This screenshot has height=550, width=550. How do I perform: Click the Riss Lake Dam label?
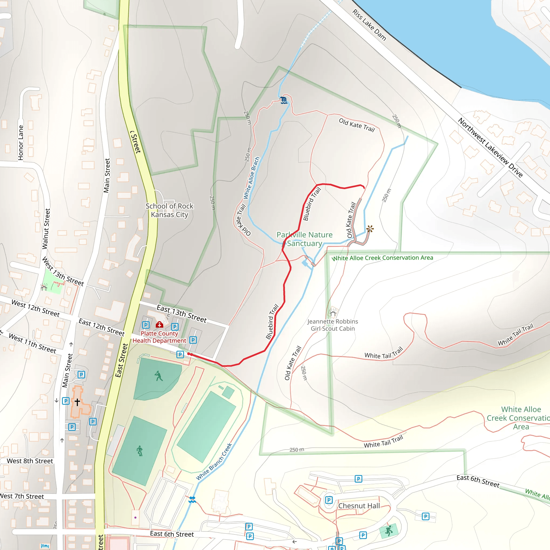coord(369,25)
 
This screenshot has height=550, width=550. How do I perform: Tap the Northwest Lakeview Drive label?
coord(490,147)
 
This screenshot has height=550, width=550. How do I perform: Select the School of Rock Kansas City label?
coord(169,210)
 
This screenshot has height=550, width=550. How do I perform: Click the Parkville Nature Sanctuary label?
coord(304,239)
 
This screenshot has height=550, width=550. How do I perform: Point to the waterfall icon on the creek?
coord(284,100)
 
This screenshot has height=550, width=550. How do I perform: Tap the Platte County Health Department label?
coord(159,337)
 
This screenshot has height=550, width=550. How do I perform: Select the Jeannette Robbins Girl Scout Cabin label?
coord(332,325)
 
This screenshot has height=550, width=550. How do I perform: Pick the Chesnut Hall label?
coord(359,506)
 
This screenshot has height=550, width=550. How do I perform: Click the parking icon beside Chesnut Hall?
coord(329,500)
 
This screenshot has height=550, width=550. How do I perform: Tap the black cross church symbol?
coord(77,402)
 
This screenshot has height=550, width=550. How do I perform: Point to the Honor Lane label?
coord(21,143)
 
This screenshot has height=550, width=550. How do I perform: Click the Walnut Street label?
coord(46,229)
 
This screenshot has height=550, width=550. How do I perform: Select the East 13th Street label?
coord(182,314)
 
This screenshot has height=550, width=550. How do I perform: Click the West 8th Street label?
coord(30,461)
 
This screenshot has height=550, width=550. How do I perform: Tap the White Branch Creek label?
coord(214,461)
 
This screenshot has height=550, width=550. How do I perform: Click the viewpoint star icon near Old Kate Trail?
coord(370,229)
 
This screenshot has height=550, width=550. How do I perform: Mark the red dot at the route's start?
coord(189,354)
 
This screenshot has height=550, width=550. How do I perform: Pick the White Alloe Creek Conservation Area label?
coord(382,258)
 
